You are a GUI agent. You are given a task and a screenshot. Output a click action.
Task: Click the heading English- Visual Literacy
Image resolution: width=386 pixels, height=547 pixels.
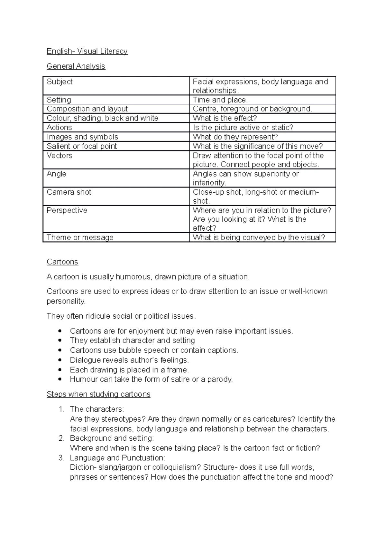(87, 51)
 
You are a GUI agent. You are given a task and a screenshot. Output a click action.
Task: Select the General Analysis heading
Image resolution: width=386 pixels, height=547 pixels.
(76, 66)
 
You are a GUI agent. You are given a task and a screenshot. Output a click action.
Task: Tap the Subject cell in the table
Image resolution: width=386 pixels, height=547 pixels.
(60, 82)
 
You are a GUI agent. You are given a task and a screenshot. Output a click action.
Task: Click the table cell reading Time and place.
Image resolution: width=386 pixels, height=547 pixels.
(220, 100)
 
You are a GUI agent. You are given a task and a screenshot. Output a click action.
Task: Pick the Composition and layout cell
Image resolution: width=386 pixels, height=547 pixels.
(87, 109)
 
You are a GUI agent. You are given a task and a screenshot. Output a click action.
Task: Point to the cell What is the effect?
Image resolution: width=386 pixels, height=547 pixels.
(225, 118)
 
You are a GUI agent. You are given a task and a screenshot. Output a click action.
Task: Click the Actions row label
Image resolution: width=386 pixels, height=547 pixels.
(59, 128)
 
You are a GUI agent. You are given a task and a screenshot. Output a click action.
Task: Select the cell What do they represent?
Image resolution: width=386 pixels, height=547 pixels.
(235, 137)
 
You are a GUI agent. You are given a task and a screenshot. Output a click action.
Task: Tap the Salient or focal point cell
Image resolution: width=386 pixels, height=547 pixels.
(82, 146)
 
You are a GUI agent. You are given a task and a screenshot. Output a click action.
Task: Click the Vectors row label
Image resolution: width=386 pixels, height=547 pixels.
(60, 156)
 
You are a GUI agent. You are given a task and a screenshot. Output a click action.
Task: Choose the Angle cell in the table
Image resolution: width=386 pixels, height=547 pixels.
(56, 174)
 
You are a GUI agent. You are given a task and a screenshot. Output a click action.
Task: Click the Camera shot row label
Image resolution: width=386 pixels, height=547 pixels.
(69, 192)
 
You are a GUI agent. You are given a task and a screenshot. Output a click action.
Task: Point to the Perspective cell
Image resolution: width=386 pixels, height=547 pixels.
(67, 210)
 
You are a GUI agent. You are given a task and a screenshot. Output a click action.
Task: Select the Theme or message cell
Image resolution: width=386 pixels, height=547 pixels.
(80, 237)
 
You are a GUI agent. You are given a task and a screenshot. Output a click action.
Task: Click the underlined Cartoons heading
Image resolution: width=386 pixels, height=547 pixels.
(62, 262)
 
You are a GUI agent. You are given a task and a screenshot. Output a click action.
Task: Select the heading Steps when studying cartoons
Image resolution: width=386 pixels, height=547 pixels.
(98, 394)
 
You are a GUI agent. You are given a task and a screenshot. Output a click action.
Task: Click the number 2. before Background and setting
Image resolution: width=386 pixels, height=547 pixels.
(61, 438)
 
